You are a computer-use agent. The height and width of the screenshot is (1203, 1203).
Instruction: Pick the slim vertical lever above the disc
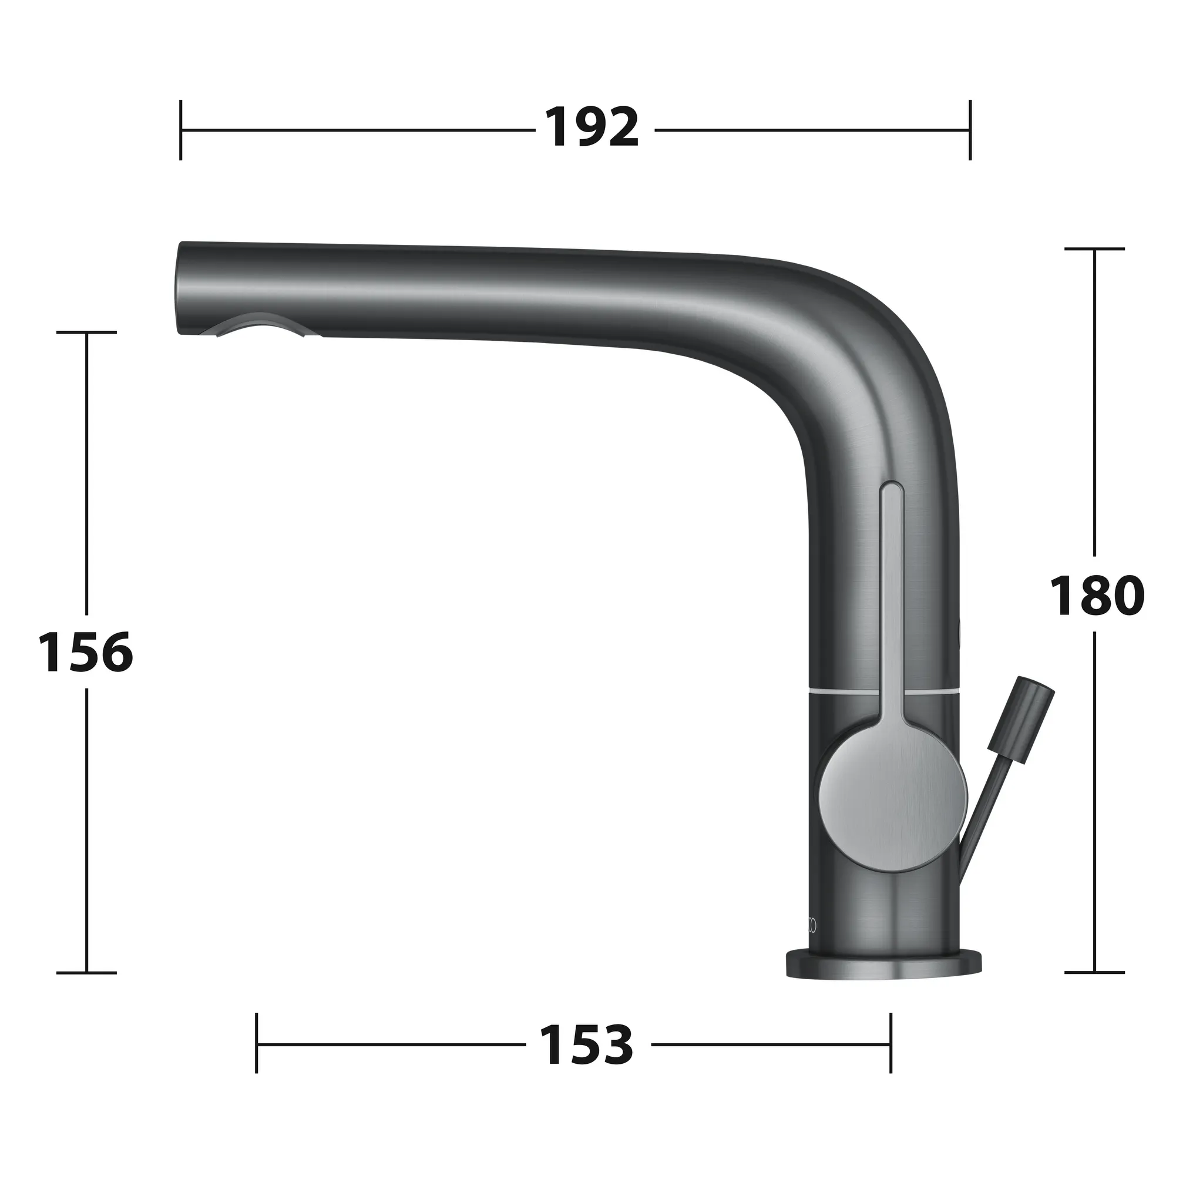point(891,592)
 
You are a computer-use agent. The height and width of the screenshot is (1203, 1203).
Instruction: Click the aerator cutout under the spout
point(261,325)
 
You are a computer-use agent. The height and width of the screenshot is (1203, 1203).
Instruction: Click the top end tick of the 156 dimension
point(86,332)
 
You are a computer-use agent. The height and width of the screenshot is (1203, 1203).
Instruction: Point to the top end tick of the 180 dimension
point(1095,249)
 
